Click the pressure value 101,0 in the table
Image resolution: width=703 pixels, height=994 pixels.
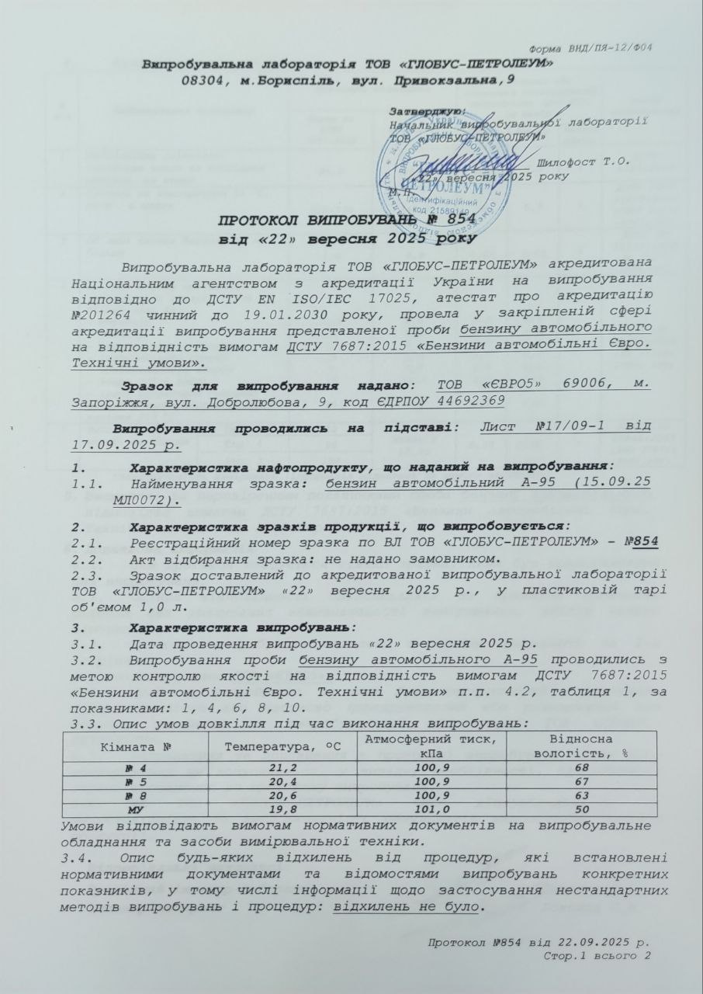tap(424, 811)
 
